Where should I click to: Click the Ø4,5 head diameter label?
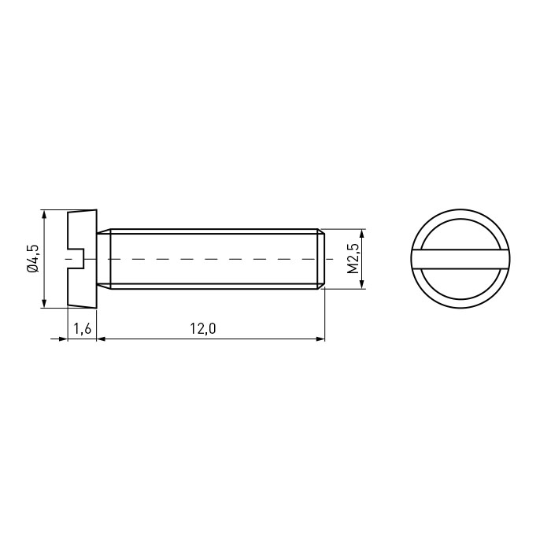(x=33, y=259)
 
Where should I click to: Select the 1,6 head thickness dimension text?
(x=82, y=329)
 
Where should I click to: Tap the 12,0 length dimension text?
(x=203, y=328)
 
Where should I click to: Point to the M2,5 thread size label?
(x=353, y=259)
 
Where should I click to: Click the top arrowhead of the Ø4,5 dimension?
(x=44, y=214)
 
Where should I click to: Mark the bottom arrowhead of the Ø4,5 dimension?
(x=44, y=304)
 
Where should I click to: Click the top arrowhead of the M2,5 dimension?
(x=363, y=233)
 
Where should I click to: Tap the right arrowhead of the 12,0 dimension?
(x=320, y=338)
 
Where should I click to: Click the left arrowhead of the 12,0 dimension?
(x=102, y=338)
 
